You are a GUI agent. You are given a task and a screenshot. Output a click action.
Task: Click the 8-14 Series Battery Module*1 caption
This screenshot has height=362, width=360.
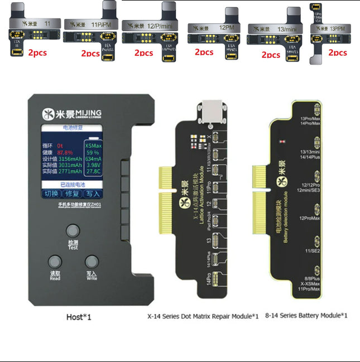coord(306,316)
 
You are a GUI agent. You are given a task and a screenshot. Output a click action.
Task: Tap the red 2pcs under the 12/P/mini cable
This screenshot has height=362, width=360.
coord(143,53)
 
